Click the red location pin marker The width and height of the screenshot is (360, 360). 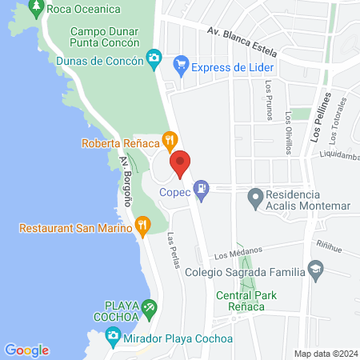[181, 163]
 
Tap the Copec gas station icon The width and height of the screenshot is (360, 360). [203, 190]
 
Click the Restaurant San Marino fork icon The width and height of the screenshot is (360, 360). [142, 226]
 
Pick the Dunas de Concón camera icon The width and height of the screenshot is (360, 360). [154, 58]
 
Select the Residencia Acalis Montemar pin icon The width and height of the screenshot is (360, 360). [255, 195]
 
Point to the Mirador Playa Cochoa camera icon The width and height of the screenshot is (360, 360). [113, 335]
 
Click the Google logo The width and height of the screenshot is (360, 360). [26, 350]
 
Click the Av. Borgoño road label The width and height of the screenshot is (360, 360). [126, 182]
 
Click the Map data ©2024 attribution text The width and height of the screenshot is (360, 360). [324, 354]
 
